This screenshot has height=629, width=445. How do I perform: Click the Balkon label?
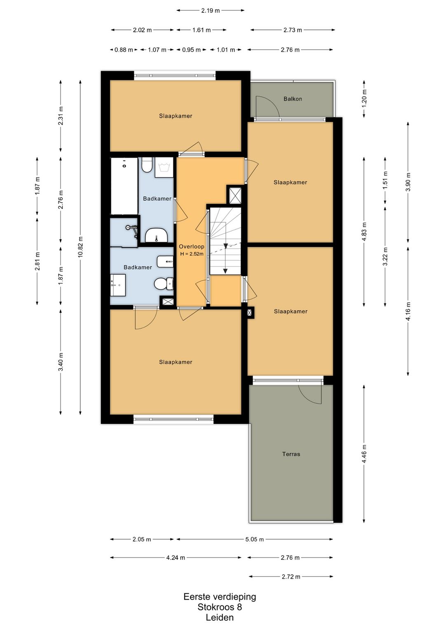[x=293, y=99]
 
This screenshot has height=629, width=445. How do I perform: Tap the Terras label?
[x=291, y=454]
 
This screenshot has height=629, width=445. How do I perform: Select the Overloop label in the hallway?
[x=192, y=247]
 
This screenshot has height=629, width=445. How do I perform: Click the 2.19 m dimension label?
[x=210, y=11]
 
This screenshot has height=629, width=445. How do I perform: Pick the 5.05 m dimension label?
[x=254, y=540]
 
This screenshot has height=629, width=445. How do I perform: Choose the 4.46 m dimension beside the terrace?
[x=364, y=454]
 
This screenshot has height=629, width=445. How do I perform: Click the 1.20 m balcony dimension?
[x=364, y=99]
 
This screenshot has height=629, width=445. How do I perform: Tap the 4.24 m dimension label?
[x=176, y=558]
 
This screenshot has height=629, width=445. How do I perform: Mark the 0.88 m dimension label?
[x=124, y=50]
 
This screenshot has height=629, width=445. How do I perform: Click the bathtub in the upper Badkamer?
[x=124, y=186]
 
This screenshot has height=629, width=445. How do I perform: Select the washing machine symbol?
[x=164, y=167]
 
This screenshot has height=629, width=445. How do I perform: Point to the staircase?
[x=225, y=241]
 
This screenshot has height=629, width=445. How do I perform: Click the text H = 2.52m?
[x=192, y=254]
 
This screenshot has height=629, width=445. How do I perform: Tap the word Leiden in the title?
[x=220, y=617]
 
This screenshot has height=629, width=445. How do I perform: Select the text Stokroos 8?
[x=220, y=607]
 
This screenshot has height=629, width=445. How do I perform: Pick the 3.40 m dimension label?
[x=61, y=361]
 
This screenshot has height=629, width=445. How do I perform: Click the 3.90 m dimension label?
[x=408, y=182]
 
